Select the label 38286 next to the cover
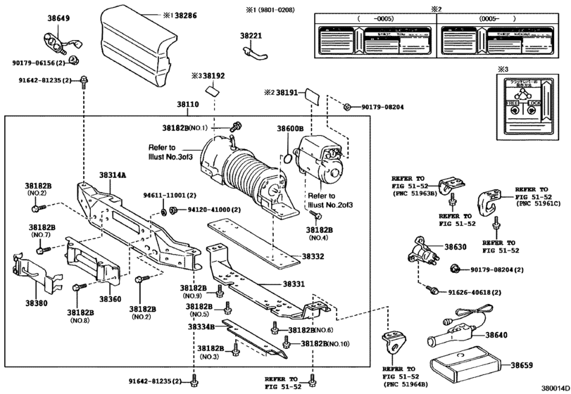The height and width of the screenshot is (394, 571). (x=187, y=13)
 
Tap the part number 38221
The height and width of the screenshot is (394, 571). (x=251, y=34)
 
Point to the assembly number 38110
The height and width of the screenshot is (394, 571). (x=188, y=104)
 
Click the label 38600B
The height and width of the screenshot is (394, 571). (x=289, y=129)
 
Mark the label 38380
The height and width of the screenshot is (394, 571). (x=37, y=305)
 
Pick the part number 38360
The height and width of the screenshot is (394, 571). (x=110, y=299)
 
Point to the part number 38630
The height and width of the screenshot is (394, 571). (x=455, y=248)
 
